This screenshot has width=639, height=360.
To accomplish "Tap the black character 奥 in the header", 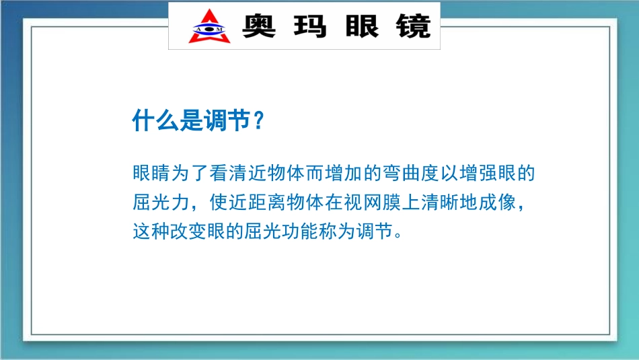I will [260, 26].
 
